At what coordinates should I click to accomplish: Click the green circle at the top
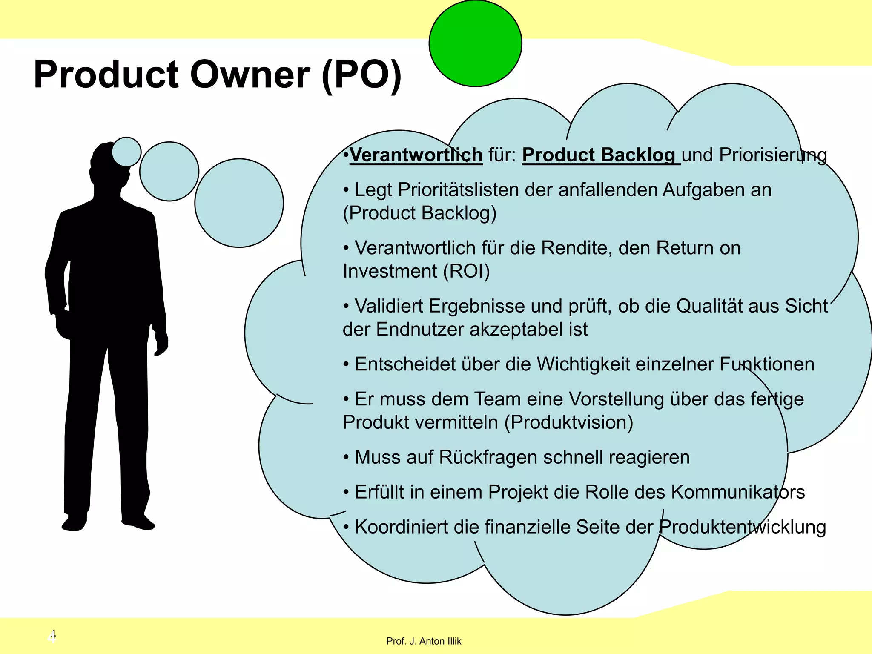click(475, 43)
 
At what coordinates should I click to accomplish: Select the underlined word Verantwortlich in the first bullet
click(416, 155)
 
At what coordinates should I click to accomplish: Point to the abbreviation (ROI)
click(467, 271)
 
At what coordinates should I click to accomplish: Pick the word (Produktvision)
click(569, 422)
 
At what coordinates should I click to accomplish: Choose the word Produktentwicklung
click(743, 527)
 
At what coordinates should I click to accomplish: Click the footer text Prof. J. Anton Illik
click(424, 641)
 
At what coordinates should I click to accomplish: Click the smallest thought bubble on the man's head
click(126, 152)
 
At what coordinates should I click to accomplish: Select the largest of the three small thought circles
click(239, 203)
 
